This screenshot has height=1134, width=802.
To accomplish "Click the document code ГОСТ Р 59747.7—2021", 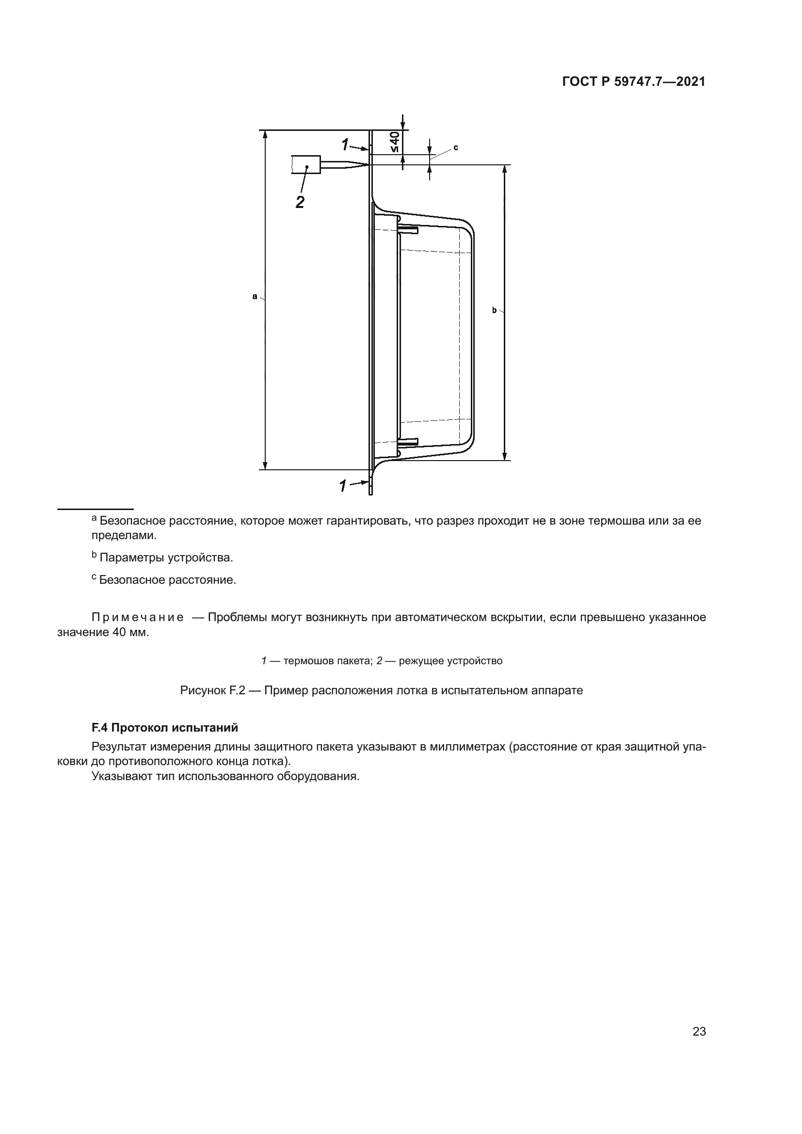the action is point(634,82).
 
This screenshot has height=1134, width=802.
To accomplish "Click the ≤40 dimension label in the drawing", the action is point(395,142).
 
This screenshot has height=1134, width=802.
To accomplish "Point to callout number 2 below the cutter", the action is point(300,202).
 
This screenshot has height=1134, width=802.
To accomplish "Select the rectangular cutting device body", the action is point(306,164).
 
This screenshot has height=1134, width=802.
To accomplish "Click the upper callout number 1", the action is point(345,144).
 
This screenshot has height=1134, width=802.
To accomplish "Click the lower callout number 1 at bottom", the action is point(343,486).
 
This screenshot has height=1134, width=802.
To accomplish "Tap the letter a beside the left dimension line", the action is point(255,296).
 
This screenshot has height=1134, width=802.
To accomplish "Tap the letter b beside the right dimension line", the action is point(494,310).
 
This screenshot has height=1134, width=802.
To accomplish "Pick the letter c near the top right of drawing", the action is point(455,147).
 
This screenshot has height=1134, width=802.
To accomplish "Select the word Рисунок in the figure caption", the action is point(203,690).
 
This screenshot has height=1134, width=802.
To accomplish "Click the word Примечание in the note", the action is point(138,617).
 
